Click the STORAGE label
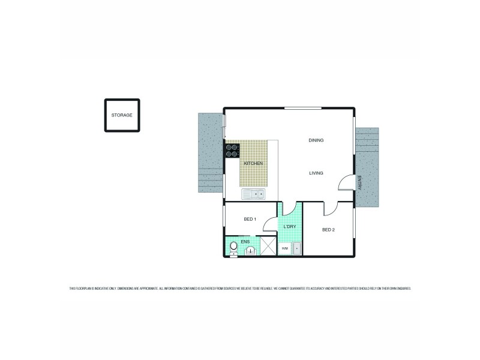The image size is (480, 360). click(x=122, y=115)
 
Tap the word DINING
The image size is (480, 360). click(x=316, y=140)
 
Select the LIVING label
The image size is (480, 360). click(x=316, y=173)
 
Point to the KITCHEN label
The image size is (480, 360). click(x=253, y=163)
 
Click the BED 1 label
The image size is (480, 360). click(x=250, y=219)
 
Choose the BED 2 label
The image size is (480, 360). click(x=328, y=230)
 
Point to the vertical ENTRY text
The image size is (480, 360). click(x=359, y=183)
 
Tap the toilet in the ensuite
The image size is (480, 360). click(x=233, y=247)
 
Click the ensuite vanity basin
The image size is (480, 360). click(x=251, y=251)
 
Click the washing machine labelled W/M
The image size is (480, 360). click(x=285, y=248)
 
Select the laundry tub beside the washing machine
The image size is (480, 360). click(x=296, y=248)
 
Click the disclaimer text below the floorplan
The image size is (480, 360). click(x=240, y=289)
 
